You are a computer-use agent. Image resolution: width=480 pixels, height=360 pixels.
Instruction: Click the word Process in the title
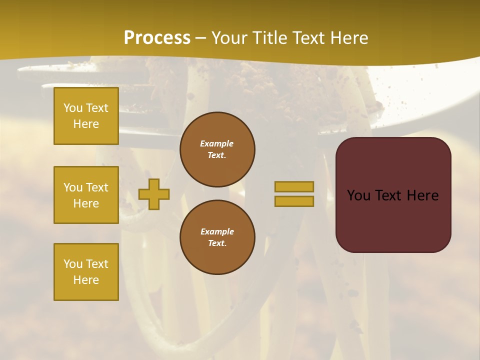(157, 38)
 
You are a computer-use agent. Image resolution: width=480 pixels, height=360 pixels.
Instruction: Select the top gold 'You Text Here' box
(86, 116)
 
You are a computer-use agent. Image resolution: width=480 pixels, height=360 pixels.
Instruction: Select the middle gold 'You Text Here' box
(86, 195)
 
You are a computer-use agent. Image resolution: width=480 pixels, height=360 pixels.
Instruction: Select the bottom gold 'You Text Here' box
(86, 272)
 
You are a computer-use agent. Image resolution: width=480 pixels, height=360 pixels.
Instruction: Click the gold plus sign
(154, 193)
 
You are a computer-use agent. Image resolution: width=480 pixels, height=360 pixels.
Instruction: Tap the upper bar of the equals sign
(294, 186)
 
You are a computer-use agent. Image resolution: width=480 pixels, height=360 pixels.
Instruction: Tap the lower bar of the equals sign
(294, 201)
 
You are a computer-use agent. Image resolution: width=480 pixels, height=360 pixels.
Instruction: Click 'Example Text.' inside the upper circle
(217, 149)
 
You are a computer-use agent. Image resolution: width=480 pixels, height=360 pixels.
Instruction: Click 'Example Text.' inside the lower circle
(217, 237)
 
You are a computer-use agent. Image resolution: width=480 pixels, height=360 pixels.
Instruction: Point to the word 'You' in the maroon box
(358, 195)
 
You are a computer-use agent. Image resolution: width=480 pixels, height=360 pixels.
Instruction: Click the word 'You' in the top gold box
(73, 108)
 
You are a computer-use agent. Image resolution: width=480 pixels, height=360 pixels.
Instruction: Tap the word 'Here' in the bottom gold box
(86, 280)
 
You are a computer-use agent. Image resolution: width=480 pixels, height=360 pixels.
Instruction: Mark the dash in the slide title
(201, 38)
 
